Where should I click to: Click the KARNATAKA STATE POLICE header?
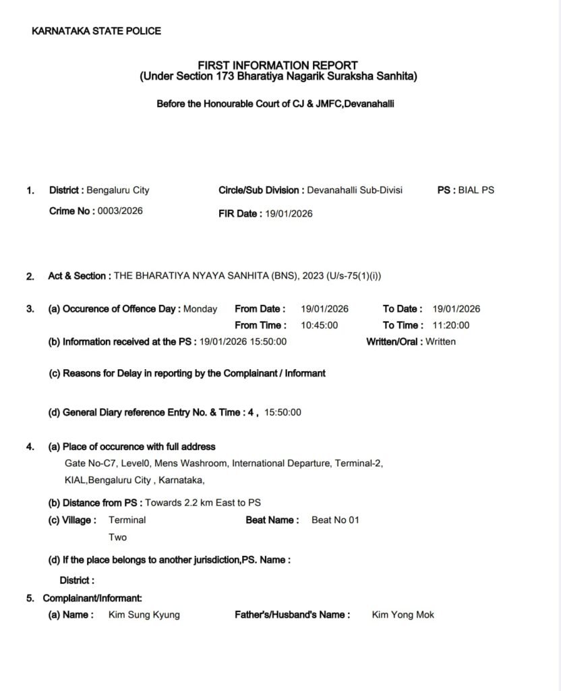point(96,30)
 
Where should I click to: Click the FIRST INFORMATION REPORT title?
point(278,65)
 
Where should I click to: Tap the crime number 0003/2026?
point(120,211)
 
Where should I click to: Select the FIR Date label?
point(239,213)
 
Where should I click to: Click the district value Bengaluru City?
point(118,190)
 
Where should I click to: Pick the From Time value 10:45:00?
point(319,325)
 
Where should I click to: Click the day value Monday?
point(200,309)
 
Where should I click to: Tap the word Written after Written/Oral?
point(440,341)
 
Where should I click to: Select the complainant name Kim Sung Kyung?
point(144,615)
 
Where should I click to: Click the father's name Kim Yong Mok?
point(403,615)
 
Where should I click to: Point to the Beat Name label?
point(272,520)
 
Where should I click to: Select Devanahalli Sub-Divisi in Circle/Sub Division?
point(354,190)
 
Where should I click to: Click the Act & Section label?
point(77,275)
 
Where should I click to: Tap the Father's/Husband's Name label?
point(292,615)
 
